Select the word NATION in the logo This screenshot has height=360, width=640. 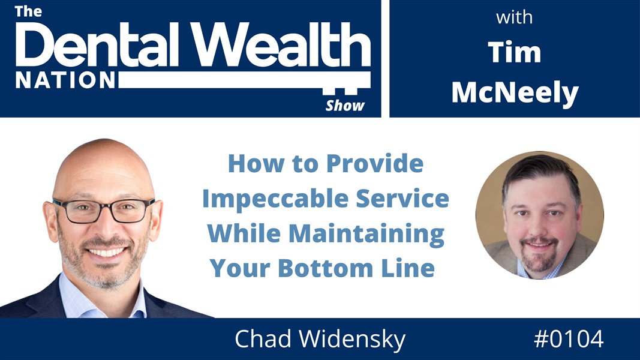click(65, 80)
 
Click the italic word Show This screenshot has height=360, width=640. click(345, 106)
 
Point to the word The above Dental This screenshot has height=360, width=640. click(29, 11)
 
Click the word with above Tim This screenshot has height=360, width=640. click(514, 17)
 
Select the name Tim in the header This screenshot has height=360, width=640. click(514, 52)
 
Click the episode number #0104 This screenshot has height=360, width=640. click(568, 340)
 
